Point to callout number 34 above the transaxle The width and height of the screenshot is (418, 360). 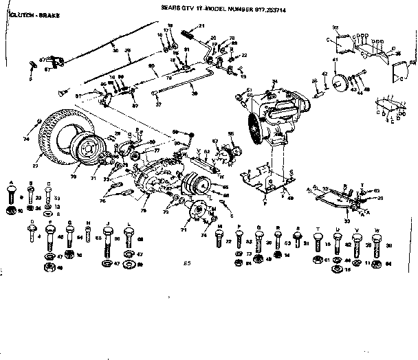[275, 82]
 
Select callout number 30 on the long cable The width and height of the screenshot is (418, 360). [115, 50]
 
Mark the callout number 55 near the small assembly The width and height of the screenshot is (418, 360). [231, 133]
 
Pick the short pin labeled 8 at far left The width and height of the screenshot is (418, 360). [34, 64]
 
